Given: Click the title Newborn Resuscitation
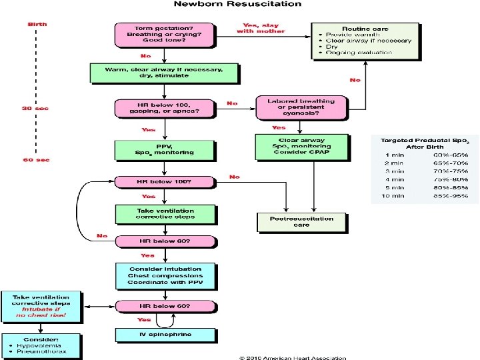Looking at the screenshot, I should pos(237,5).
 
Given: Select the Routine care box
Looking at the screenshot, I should pos(365,41).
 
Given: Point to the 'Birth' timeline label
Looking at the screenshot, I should pos(37,24).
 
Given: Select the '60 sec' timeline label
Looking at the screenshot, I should pos(37,160).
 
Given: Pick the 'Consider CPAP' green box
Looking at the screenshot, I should pos(302,147).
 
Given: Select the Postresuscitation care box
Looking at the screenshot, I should pos(302,221).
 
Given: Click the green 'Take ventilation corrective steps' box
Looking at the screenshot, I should pos(165,213).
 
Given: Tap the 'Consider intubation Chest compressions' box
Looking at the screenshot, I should pos(165,275).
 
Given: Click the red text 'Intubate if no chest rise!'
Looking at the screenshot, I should pos(41,313).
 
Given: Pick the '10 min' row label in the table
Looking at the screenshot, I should pos(392,196).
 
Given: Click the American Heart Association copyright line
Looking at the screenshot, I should pos(293,357).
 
